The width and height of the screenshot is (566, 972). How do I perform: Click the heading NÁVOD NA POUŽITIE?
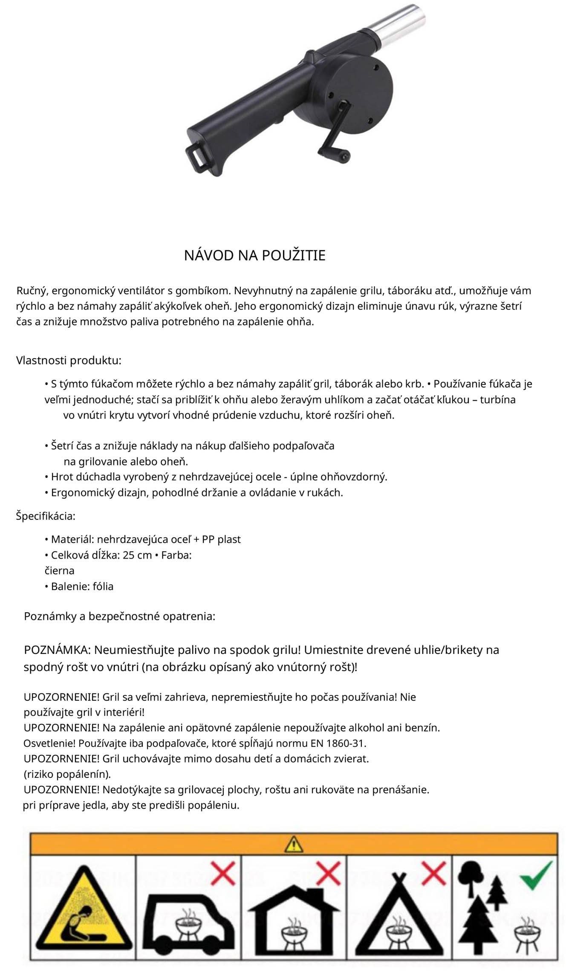point(254,255)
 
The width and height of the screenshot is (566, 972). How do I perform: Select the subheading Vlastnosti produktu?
point(69,361)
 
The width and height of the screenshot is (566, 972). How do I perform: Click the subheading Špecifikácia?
point(46,516)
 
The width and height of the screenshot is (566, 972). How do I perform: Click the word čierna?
point(59,571)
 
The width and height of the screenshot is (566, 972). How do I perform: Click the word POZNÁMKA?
point(57,650)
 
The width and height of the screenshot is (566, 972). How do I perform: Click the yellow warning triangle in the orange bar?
point(295,844)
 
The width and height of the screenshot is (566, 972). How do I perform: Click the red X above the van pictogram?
point(223,873)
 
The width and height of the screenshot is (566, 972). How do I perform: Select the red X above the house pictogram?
point(328,873)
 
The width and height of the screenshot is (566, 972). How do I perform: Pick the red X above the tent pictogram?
point(433,873)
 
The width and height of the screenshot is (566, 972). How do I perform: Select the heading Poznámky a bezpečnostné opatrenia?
point(119,616)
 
